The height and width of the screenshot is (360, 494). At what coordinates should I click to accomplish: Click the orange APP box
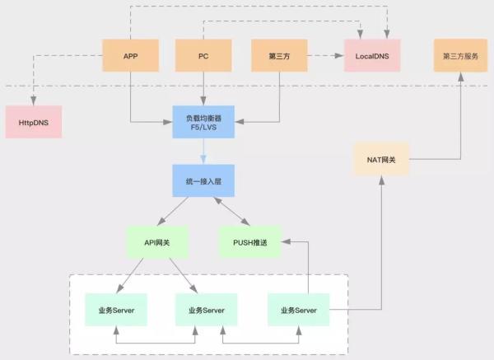click(x=130, y=56)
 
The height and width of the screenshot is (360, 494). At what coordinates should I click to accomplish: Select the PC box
click(x=203, y=56)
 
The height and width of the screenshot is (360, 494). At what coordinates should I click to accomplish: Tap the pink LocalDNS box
click(x=371, y=56)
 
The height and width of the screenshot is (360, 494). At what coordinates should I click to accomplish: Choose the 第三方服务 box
click(x=459, y=56)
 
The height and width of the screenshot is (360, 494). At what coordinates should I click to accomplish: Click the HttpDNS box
click(x=33, y=121)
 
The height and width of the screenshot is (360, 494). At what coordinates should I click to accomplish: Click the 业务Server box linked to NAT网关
click(x=298, y=309)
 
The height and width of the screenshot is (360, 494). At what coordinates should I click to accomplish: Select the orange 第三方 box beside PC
click(x=277, y=56)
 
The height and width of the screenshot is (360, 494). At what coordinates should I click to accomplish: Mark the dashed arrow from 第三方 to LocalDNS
click(x=324, y=56)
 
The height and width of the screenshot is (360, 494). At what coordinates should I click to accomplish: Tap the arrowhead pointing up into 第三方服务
click(x=459, y=76)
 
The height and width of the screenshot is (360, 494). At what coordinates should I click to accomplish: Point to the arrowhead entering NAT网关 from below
click(x=381, y=179)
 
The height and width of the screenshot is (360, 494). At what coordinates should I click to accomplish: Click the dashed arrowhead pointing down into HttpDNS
click(x=33, y=101)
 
